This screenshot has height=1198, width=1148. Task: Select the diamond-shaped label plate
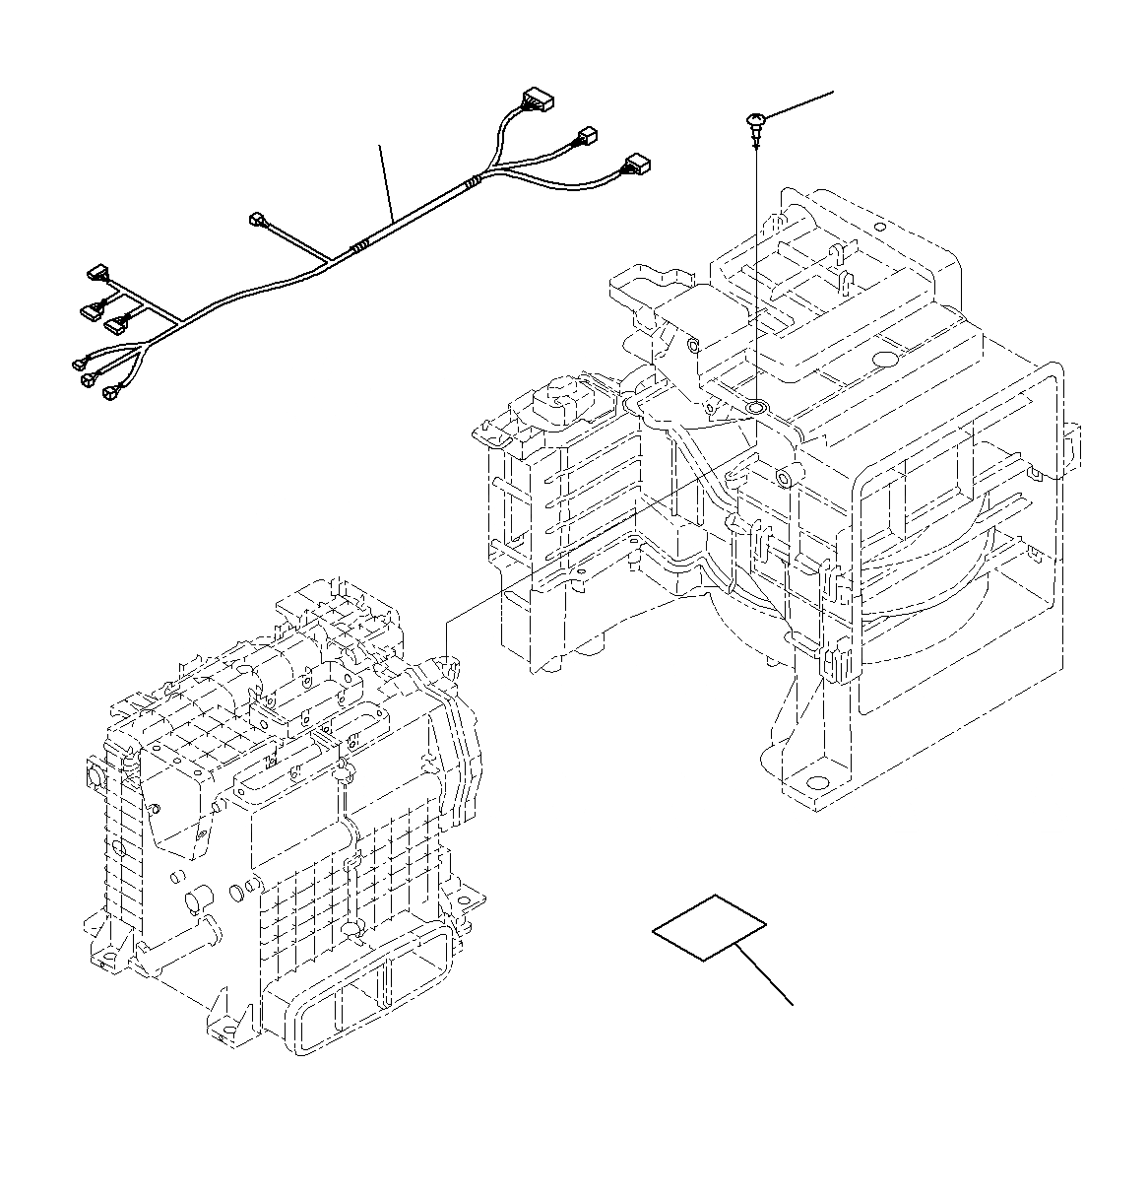click(709, 927)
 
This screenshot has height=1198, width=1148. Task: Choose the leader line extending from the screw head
click(797, 104)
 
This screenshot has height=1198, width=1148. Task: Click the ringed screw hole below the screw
click(756, 406)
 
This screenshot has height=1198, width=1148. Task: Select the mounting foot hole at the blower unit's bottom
click(816, 784)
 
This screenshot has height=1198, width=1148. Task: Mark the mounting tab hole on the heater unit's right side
click(463, 896)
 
